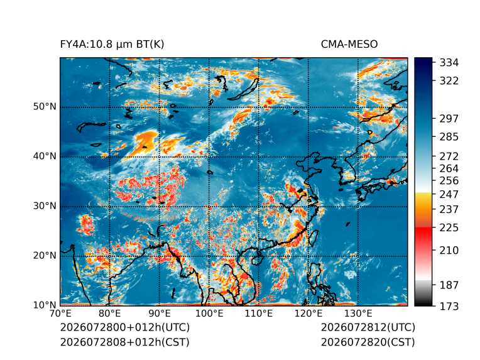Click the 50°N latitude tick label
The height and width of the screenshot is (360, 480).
coord(45,107)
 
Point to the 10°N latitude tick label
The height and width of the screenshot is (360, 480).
coord(45,305)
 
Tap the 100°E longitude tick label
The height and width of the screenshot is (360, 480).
coord(209,314)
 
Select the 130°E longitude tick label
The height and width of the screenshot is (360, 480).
coord(358,314)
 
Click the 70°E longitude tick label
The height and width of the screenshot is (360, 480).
coord(60,314)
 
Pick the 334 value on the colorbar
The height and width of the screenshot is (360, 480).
coord(449,63)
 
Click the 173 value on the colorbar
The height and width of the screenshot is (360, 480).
coord(449,306)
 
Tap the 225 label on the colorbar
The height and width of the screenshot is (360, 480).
coord(449,228)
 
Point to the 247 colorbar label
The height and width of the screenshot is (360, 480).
coord(449,194)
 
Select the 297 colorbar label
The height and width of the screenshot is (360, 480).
coord(449,119)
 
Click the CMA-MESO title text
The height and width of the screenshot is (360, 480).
coord(349,45)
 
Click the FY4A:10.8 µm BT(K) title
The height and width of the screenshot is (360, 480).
coord(112,45)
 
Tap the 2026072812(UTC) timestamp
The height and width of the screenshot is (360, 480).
coord(368,327)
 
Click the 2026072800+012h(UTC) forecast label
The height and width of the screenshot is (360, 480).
coord(125,327)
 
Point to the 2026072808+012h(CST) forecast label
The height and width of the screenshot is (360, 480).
coord(124,342)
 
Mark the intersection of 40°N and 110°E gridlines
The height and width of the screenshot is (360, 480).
coord(259,157)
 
